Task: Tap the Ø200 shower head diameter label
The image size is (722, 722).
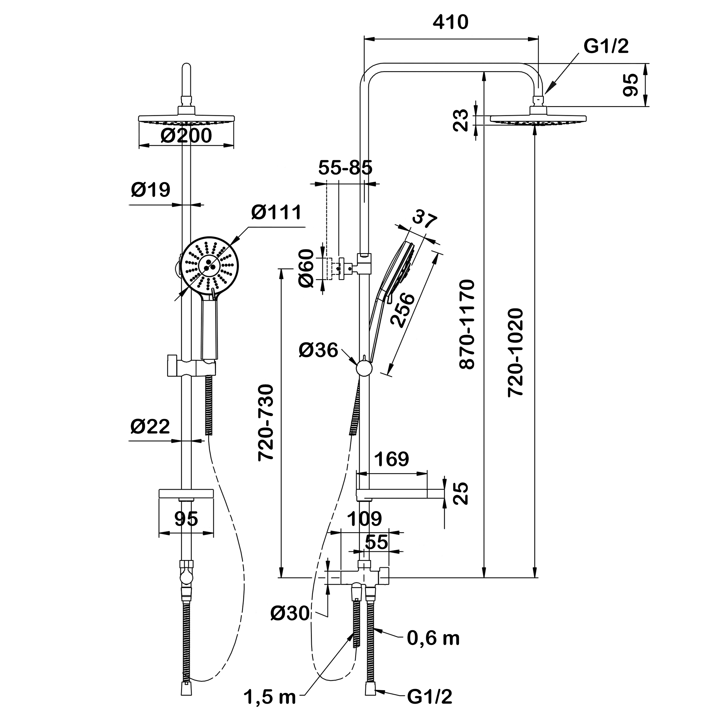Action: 186,136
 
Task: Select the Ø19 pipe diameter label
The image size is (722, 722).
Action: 151,190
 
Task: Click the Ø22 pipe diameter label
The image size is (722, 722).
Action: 150,426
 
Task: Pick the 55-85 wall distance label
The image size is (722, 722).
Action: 345,168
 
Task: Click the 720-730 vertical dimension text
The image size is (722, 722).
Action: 266,423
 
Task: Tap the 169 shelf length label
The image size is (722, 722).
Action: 391,459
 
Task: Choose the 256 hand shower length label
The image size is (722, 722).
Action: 402,311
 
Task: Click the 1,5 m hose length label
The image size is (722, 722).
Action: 269,697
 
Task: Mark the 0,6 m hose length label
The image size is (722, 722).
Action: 433,639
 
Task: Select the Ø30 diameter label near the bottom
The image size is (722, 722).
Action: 290,613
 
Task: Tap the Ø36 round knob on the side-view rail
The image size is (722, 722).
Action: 364,368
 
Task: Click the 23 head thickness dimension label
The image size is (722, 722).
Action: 461,120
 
